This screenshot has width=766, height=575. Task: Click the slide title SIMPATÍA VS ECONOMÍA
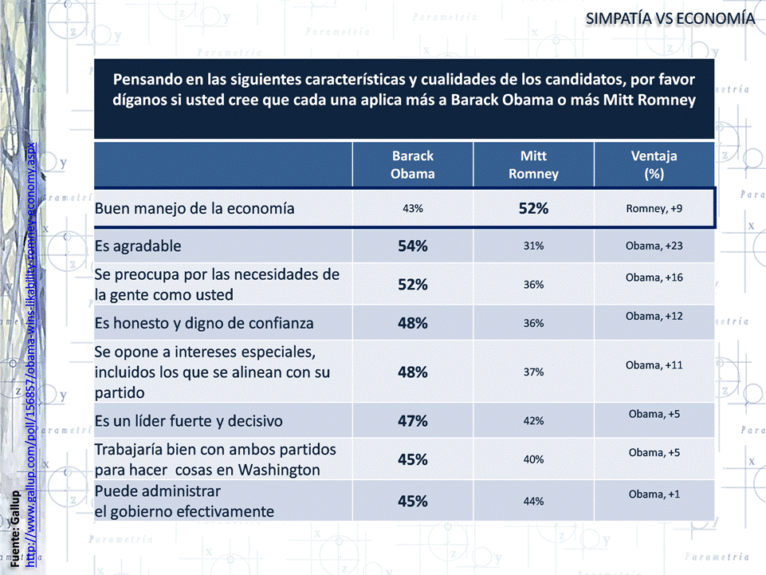point(670,18)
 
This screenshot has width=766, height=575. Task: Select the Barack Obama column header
point(413,165)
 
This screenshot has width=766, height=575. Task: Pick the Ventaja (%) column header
point(654,165)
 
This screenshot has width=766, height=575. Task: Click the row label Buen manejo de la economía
point(194,209)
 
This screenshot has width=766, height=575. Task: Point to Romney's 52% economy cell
point(532,209)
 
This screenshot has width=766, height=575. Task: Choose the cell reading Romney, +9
point(654,209)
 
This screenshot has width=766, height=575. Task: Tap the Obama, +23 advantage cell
point(654,246)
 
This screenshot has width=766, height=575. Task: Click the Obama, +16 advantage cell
point(654,278)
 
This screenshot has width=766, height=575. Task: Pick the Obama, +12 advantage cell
point(654,317)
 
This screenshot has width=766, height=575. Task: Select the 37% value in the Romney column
point(533,372)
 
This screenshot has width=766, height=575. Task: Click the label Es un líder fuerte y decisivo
point(188,420)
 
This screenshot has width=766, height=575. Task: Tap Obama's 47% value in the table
point(413,421)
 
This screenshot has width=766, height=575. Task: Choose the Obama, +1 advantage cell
point(654,494)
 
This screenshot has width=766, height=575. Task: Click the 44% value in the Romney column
point(533,502)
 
